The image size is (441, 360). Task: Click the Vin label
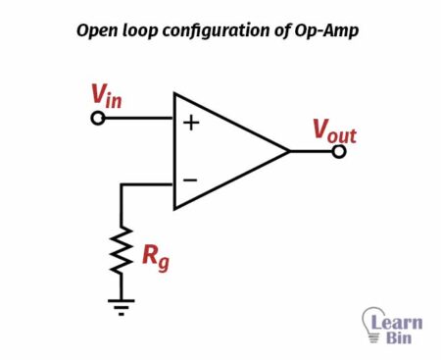click(x=108, y=96)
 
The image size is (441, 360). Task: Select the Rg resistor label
click(x=155, y=257)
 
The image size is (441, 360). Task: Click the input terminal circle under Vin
click(x=97, y=119)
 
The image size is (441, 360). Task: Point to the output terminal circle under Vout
click(x=339, y=152)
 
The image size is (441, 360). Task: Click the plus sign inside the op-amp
click(x=191, y=125)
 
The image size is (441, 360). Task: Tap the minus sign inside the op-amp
click(x=191, y=180)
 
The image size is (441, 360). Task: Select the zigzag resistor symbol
click(x=122, y=252)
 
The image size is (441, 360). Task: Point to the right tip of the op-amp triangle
click(x=290, y=152)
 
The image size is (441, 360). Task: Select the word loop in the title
click(x=144, y=30)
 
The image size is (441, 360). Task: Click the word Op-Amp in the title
click(x=330, y=30)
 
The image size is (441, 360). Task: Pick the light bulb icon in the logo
click(x=372, y=323)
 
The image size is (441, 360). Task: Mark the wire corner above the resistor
click(x=122, y=183)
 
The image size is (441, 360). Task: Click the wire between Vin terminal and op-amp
click(x=138, y=119)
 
